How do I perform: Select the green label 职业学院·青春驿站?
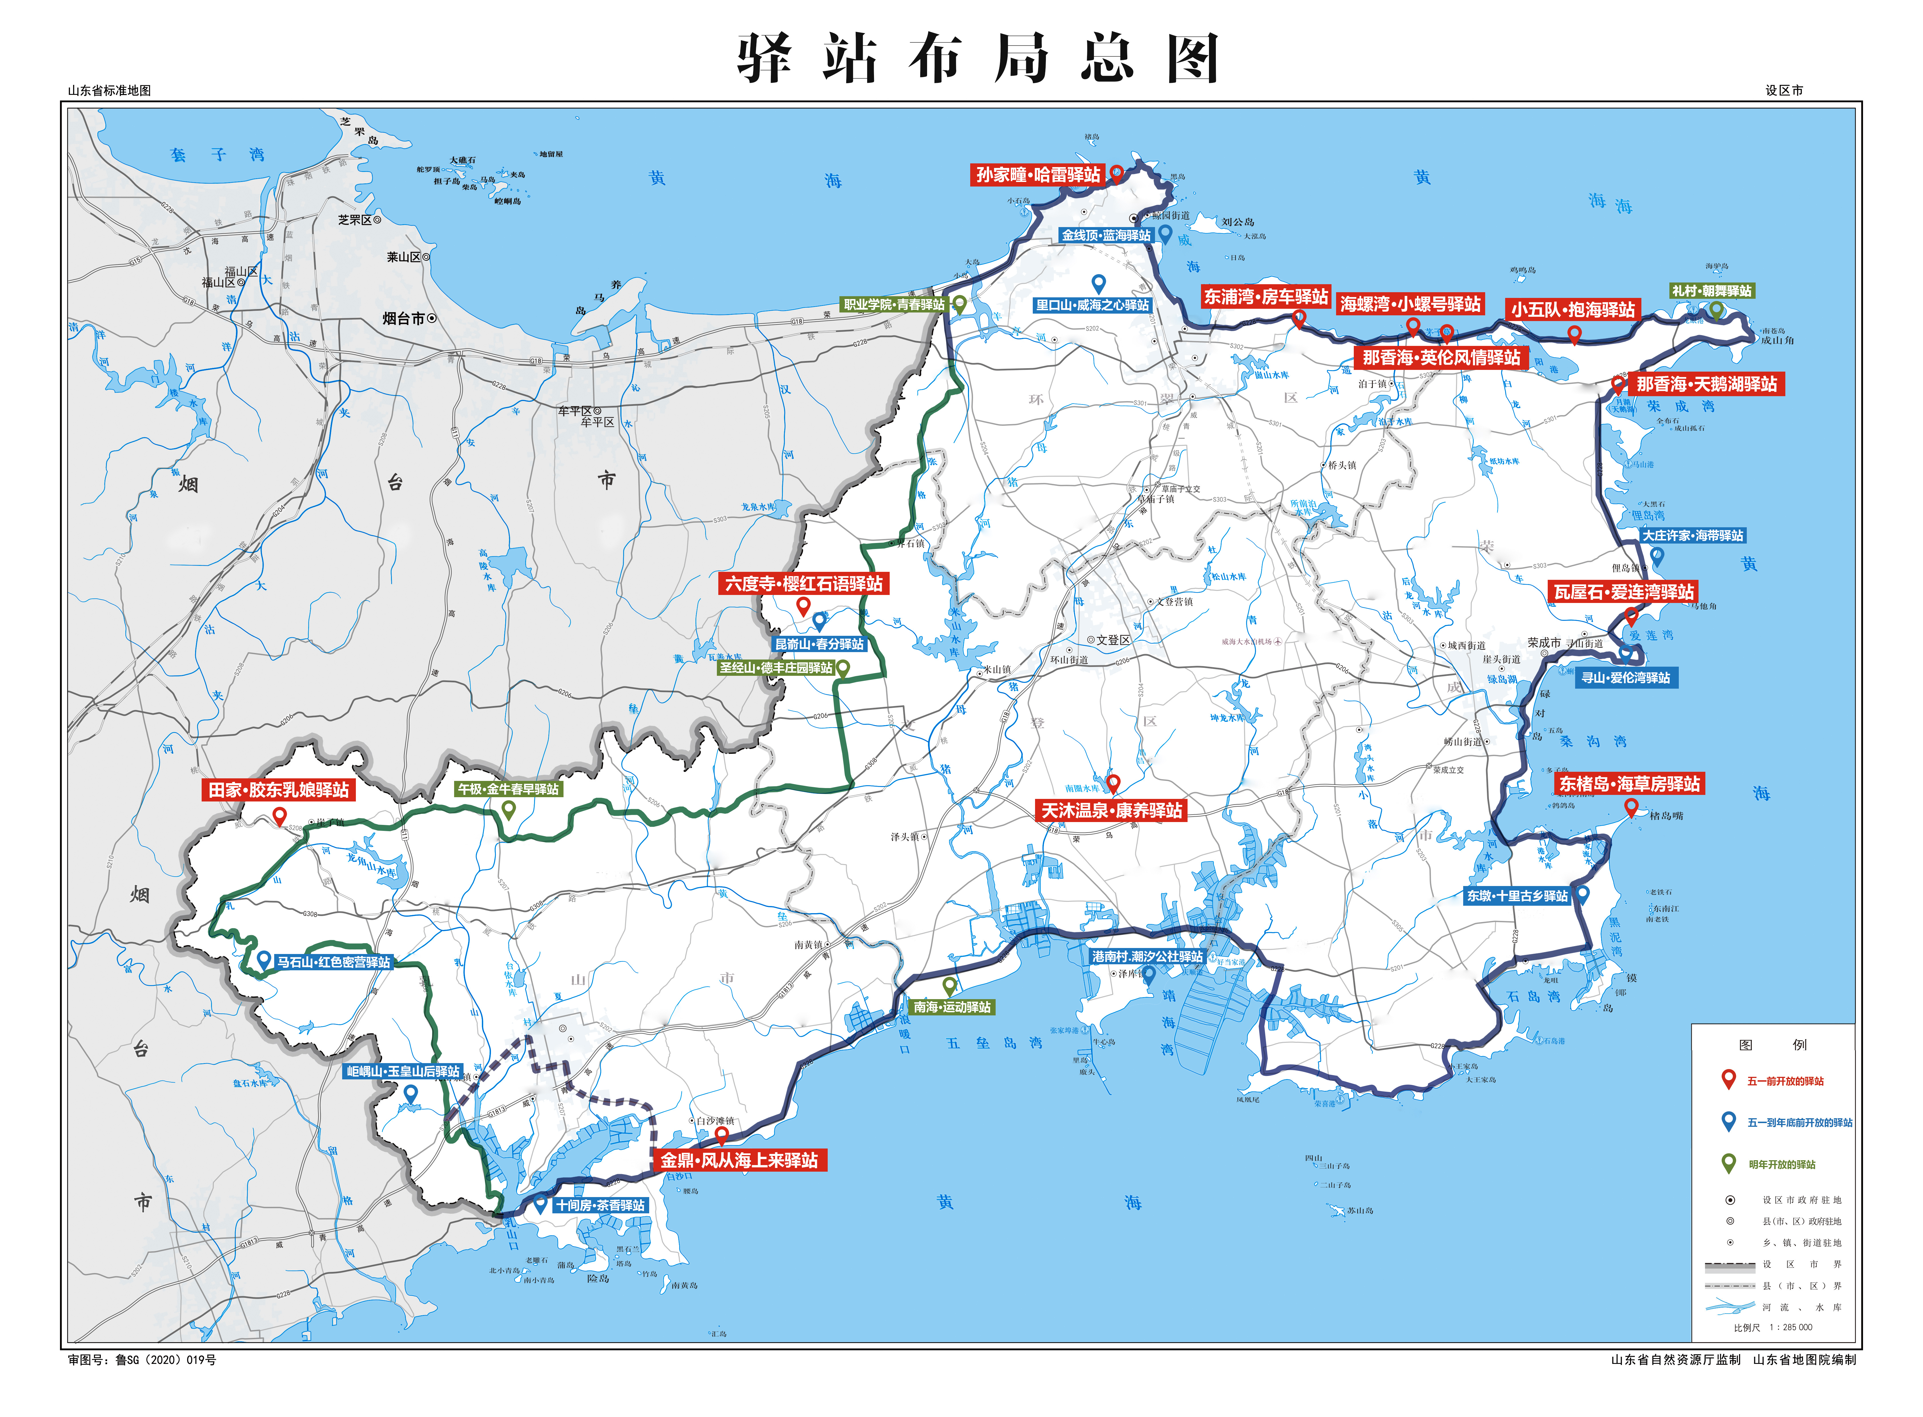coord(894,304)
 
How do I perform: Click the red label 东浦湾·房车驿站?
coord(1265,297)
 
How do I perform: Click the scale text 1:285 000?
coord(1790,1327)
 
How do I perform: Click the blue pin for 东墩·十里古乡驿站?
coord(1583,894)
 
